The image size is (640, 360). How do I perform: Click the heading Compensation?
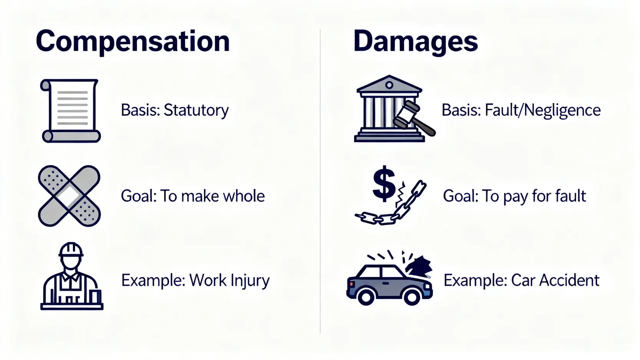coord(133,41)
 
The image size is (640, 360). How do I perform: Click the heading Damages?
coord(415,41)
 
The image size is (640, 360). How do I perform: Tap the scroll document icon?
coord(71,111)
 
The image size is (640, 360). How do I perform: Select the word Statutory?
coord(196,110)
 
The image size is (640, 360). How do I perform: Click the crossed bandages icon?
coord(70,196)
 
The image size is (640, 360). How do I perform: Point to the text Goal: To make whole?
coord(192,196)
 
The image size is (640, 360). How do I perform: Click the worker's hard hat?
coord(71,249)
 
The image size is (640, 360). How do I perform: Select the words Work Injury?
coord(229,280)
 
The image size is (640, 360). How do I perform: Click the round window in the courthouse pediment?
coord(389,85)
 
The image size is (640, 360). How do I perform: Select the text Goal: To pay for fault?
coord(514,196)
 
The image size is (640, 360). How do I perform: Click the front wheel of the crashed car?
coord(411,297)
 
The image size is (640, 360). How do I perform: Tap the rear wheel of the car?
coord(366,297)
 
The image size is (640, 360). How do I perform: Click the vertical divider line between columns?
coord(320,181)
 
